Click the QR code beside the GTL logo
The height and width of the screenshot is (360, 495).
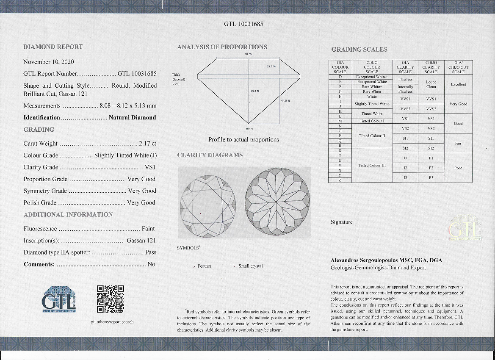(111, 299)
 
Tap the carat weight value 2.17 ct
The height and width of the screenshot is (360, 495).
(148, 144)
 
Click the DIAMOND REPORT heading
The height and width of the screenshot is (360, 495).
(53, 47)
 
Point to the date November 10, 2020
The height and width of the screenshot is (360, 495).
(49, 62)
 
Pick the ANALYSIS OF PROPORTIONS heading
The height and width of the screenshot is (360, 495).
(222, 47)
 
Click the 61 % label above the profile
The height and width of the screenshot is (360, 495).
(248, 54)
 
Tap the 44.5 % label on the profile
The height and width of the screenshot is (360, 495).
(285, 100)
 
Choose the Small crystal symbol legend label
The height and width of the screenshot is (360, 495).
(250, 266)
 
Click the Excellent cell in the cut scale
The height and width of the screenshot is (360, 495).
(458, 84)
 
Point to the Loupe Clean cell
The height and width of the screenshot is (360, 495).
(431, 84)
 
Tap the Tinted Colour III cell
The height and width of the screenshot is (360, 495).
(372, 166)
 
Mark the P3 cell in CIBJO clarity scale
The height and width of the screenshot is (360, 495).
(431, 177)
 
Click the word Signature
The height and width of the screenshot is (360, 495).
(341, 222)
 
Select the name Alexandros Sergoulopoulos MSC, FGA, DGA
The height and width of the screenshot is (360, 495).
(386, 260)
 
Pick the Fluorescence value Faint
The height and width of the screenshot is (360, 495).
(148, 229)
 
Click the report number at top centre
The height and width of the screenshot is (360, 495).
(243, 24)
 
